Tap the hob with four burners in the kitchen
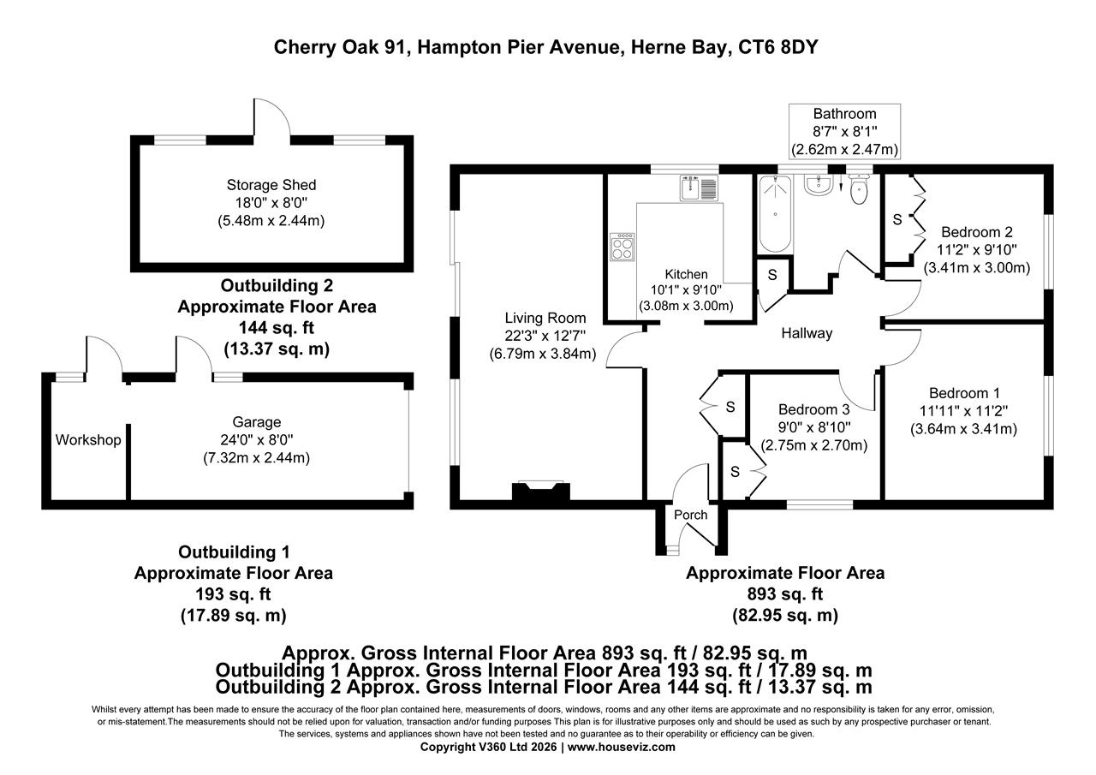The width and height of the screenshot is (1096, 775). coord(622,247)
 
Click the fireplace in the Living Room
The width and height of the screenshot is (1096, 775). coord(540,492)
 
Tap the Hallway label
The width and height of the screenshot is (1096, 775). coord(806,334)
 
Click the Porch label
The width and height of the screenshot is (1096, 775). coord(691,515)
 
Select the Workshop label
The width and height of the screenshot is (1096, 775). coord(88,440)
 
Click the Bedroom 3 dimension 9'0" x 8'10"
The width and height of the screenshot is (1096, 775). coord(814,427)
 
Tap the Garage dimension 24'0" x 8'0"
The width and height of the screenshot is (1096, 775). coord(257,440)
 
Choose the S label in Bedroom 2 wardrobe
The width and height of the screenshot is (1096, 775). coord(897,219)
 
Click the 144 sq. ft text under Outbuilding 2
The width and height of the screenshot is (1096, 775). coord(276,328)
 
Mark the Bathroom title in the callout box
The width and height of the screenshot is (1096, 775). coord(844,114)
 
